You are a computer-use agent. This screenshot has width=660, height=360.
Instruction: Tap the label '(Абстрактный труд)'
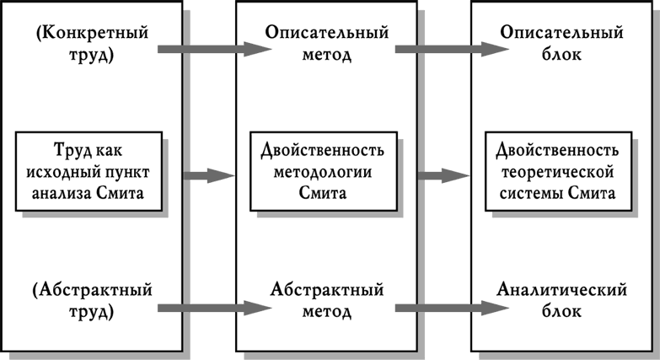pyautogui.click(x=91, y=299)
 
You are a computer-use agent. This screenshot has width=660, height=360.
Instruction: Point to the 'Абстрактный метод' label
pyautogui.click(x=327, y=299)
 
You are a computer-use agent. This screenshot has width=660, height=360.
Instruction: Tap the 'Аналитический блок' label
pyautogui.click(x=561, y=299)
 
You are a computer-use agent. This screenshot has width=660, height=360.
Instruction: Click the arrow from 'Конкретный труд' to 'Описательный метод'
pyautogui.click(x=215, y=50)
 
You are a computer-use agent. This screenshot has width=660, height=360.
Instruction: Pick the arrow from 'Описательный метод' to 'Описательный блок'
pyautogui.click(x=451, y=50)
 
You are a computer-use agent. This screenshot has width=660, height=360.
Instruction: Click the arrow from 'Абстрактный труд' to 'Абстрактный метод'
pyautogui.click(x=215, y=309)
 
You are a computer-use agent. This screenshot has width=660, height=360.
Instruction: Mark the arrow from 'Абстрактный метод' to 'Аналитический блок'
pyautogui.click(x=451, y=309)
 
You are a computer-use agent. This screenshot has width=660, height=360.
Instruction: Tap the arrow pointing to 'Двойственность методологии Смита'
pyautogui.click(x=208, y=175)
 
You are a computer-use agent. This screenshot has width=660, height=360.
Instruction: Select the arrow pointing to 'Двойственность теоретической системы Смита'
pyautogui.click(x=443, y=175)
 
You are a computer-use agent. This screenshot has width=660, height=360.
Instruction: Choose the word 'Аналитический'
pyautogui.click(x=561, y=290)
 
